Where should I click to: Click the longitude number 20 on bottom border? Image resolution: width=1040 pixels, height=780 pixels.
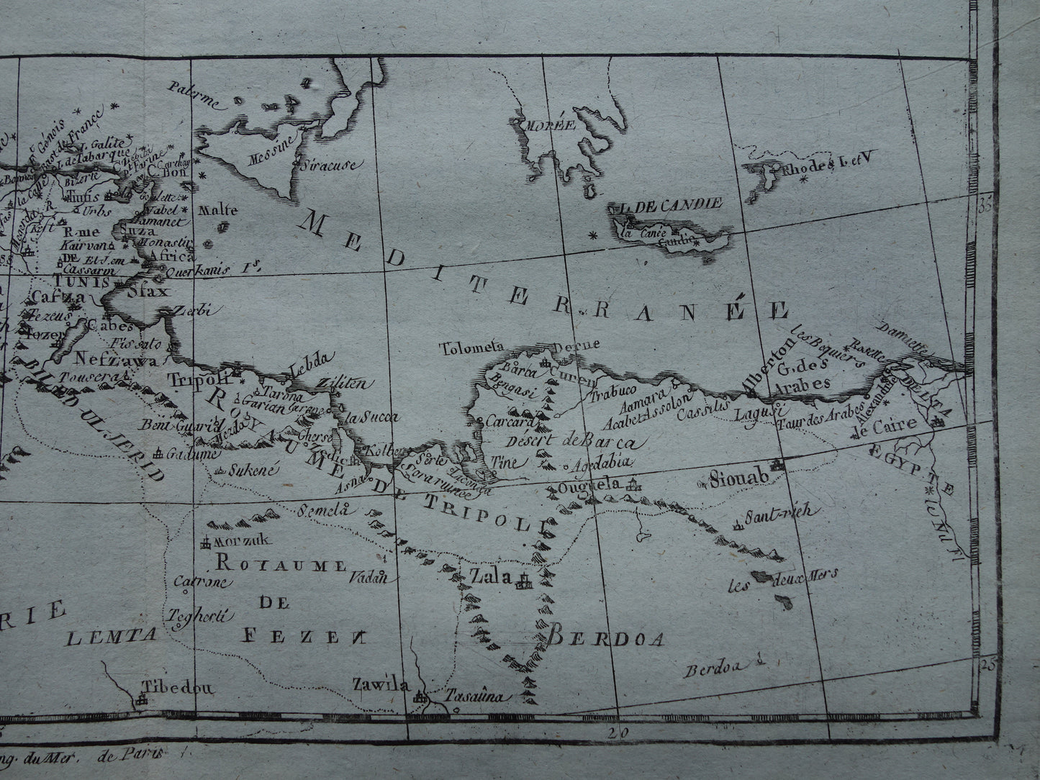pos(613,733)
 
